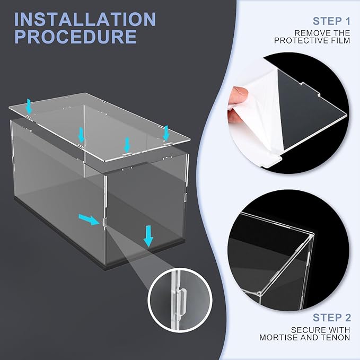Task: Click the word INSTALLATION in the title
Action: click(85, 20)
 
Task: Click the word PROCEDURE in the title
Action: click(76, 37)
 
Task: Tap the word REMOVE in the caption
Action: click(313, 33)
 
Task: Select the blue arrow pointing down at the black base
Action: click(148, 236)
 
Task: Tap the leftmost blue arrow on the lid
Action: click(29, 107)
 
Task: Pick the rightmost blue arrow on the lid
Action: click(165, 132)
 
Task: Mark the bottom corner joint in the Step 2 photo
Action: click(258, 292)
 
